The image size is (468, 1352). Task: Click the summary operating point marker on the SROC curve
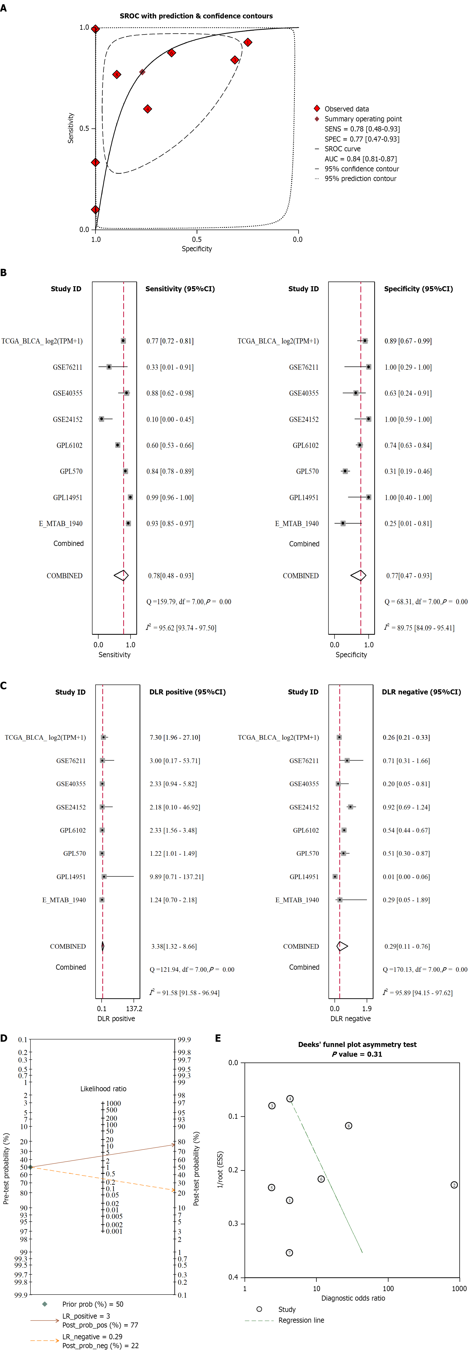coord(142,72)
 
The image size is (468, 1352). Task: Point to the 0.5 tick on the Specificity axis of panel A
coord(197,239)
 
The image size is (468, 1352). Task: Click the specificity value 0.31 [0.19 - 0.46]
coord(408,471)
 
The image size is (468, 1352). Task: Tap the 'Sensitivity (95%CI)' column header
coord(180,289)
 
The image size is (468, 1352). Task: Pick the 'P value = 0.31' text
coord(357,1054)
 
